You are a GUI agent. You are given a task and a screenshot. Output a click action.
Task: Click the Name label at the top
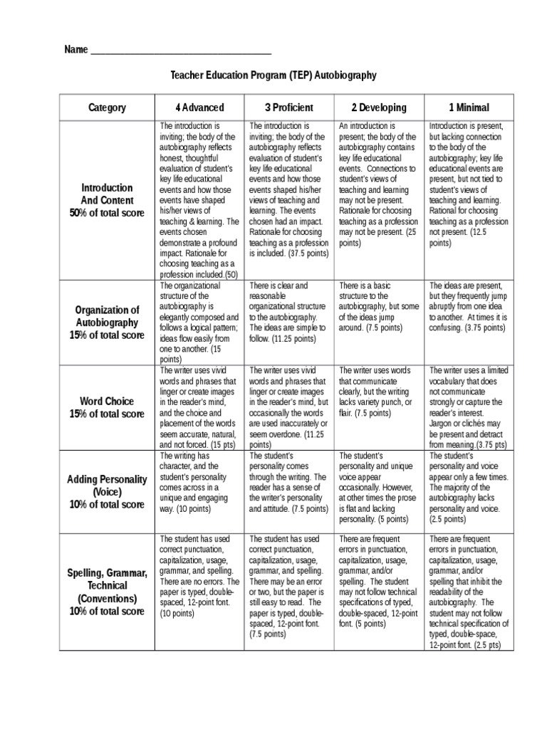[75, 50]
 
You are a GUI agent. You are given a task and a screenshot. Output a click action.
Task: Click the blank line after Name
[182, 51]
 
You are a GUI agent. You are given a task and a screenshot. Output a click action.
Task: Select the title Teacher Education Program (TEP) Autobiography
[273, 75]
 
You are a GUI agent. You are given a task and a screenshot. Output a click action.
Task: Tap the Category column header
[107, 107]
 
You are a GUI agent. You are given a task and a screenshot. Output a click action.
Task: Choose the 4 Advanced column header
[199, 107]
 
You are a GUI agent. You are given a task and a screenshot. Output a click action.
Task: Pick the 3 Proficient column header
[288, 107]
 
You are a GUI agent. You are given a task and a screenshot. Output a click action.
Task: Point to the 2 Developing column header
[379, 107]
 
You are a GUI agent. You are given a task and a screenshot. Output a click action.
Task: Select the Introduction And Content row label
[107, 200]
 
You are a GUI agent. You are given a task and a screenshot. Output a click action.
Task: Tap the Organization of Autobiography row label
[107, 322]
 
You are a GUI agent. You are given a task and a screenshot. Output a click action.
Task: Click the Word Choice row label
[107, 408]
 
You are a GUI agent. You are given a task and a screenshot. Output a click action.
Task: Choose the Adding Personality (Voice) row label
[107, 491]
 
